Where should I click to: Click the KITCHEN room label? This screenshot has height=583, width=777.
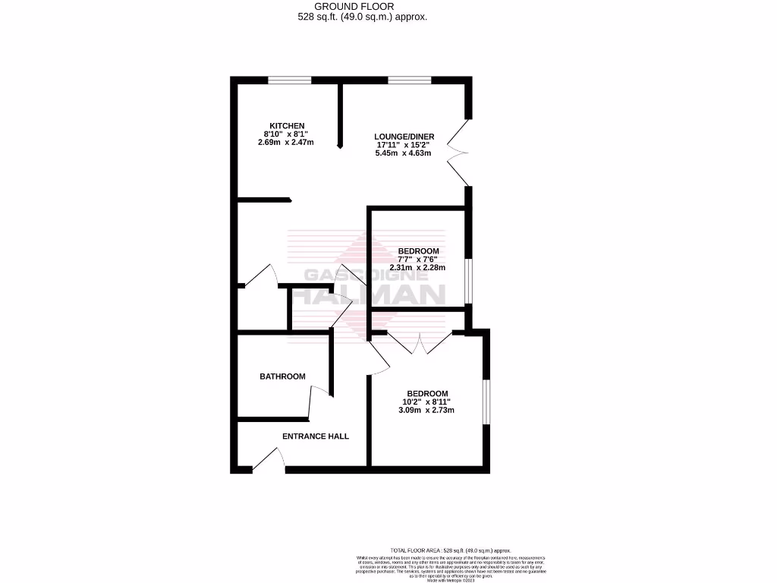(x=287, y=125)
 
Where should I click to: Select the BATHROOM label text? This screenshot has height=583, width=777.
(x=282, y=377)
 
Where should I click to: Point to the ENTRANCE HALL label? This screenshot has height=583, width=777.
(x=316, y=436)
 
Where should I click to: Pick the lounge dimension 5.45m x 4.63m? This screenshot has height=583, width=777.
(x=403, y=153)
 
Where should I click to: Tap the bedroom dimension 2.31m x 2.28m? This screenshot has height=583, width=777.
(x=417, y=267)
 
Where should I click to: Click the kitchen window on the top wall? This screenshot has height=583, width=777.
(x=289, y=80)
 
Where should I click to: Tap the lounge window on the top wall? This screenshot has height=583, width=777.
(x=410, y=80)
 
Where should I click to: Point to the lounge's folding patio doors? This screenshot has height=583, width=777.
(x=459, y=152)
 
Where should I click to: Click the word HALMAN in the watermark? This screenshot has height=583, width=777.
(x=369, y=294)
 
